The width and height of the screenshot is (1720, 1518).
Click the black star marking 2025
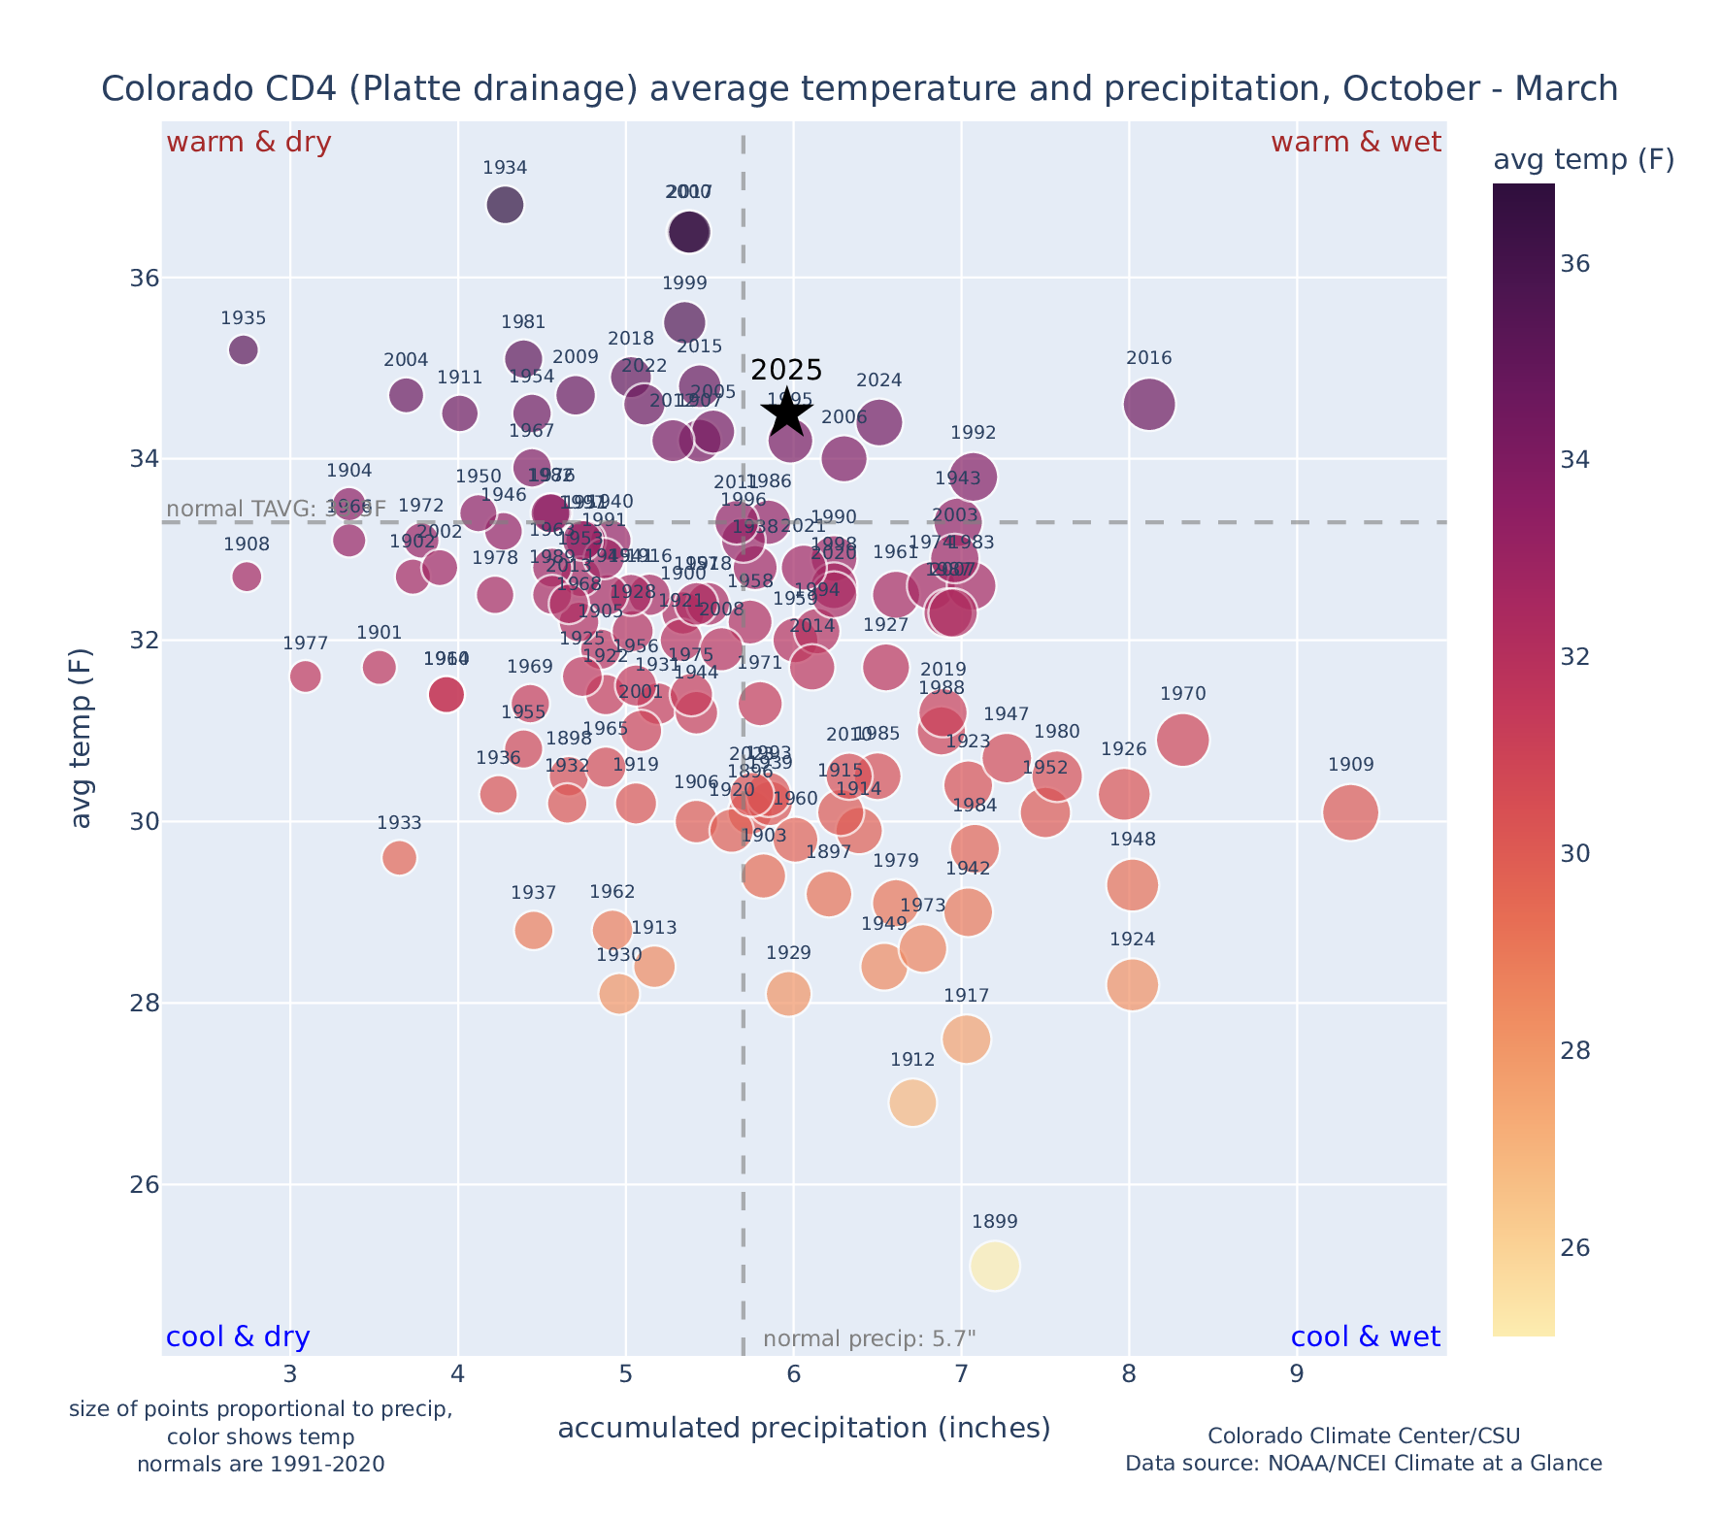click(787, 412)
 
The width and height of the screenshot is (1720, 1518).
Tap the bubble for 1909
click(1350, 812)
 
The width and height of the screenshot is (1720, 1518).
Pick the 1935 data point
click(244, 349)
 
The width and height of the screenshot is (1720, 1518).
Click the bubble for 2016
click(1149, 404)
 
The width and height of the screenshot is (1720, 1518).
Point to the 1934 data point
click(505, 205)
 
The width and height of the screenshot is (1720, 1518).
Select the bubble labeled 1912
click(912, 1103)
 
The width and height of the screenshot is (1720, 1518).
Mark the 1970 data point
click(1182, 740)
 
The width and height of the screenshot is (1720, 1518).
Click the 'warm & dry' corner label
click(248, 143)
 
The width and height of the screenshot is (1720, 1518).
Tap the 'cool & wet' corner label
click(1365, 1337)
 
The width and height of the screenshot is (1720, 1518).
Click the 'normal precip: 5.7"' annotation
click(869, 1339)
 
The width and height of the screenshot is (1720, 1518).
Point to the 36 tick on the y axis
click(145, 279)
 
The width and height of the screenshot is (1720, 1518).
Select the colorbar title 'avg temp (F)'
click(1583, 160)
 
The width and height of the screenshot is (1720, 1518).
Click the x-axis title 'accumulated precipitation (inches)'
click(804, 1428)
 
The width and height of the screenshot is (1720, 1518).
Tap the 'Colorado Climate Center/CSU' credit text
click(1363, 1435)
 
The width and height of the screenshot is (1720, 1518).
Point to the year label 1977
click(306, 643)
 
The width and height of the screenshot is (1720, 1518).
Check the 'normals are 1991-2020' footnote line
click(260, 1464)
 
